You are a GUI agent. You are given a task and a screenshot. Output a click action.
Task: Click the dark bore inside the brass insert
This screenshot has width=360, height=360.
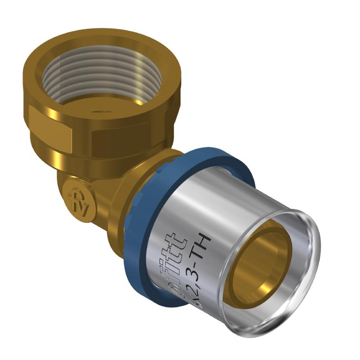click(261, 270)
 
